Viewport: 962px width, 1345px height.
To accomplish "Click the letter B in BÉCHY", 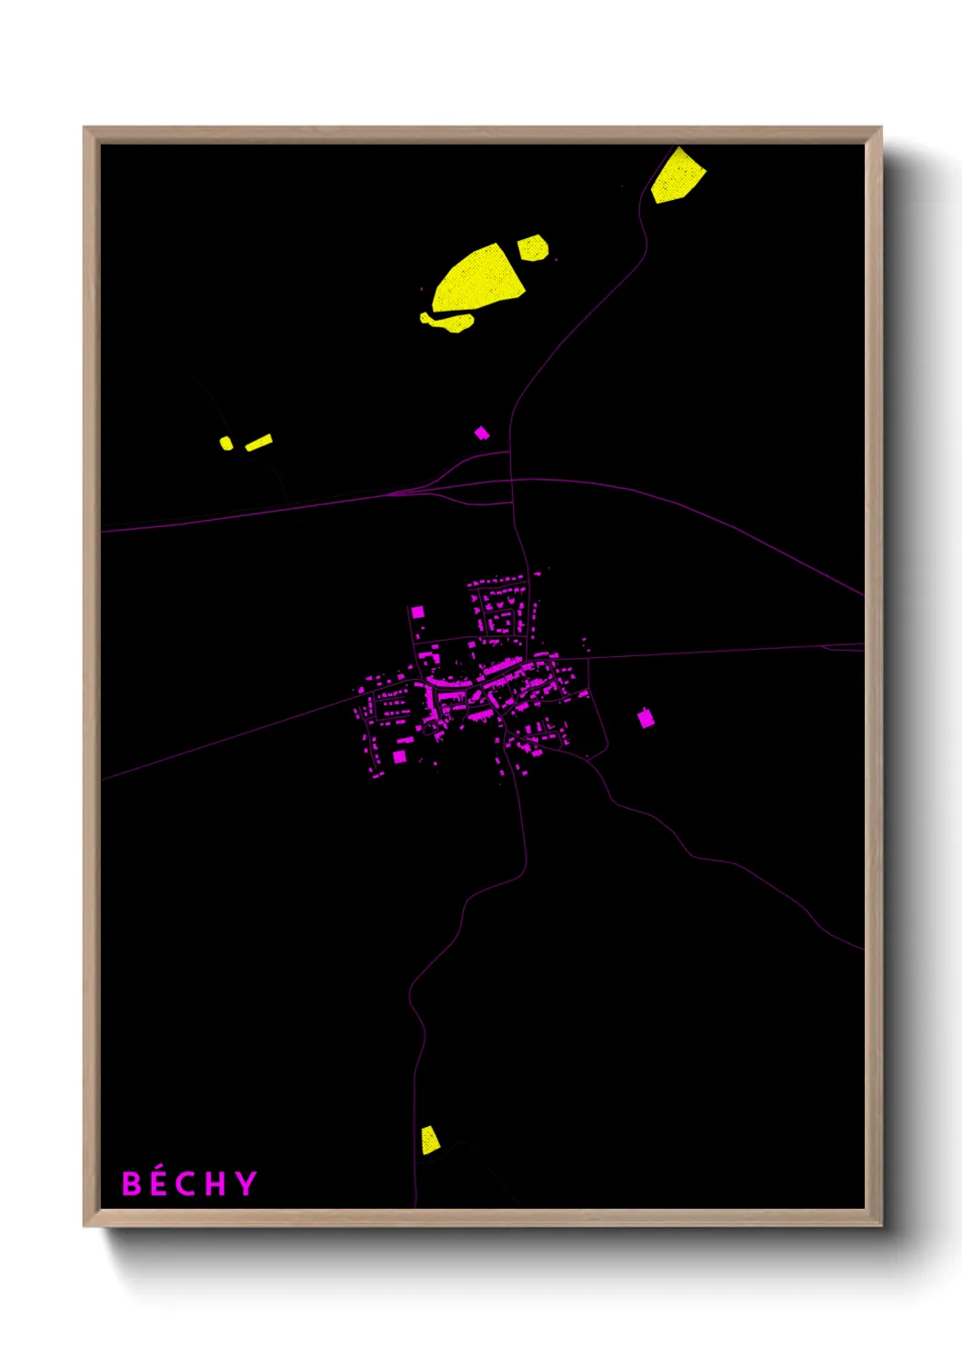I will pos(132,1184).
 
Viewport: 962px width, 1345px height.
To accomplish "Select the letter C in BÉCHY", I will pos(185,1184).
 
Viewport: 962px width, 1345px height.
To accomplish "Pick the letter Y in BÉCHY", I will pos(246,1184).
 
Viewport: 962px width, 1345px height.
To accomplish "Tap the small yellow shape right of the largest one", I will pos(533,247).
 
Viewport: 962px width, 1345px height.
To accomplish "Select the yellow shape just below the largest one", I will pos(450,321).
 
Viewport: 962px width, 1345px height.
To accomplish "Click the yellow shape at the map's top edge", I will pos(678,176).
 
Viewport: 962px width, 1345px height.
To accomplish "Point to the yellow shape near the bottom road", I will pos(429,1140).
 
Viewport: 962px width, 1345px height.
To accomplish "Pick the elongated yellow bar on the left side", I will pos(259,443).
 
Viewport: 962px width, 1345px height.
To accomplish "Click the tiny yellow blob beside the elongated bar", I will pos(225,443).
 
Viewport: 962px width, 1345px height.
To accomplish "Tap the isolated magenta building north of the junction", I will pos(482,433).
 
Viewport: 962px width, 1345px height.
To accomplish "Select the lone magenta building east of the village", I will pos(646,719).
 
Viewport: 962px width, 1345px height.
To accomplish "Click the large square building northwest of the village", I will pos(417,612).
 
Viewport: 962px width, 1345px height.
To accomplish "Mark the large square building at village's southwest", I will pos(399,756).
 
